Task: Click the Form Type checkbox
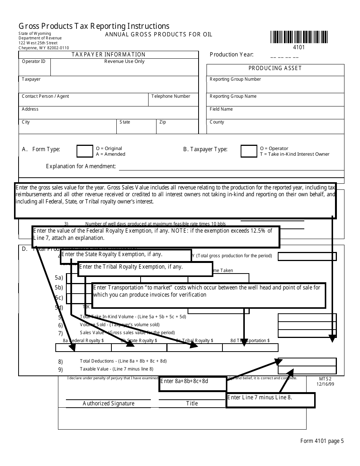tap(85, 151)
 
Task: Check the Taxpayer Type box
tap(249, 151)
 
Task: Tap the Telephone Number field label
tap(171, 96)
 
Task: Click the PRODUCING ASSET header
tap(275, 68)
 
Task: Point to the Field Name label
tap(221, 109)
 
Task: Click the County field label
tap(217, 122)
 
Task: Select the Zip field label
tap(163, 122)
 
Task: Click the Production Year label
tap(232, 55)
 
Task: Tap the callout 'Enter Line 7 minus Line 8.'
tap(270, 400)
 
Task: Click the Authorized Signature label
tap(108, 403)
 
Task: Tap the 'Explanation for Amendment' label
tap(81, 166)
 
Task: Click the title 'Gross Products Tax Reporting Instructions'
tap(94, 26)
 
